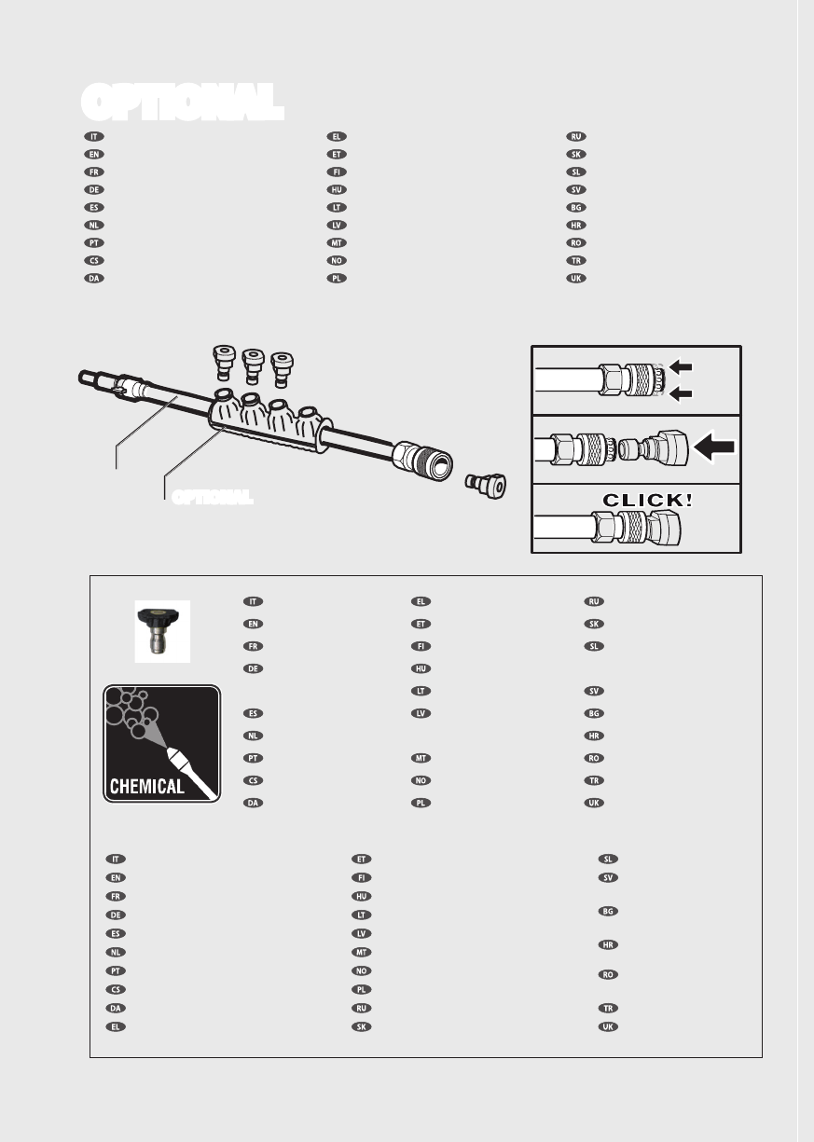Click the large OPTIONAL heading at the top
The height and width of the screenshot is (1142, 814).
[x=182, y=102]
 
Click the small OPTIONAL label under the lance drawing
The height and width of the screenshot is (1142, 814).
[x=212, y=497]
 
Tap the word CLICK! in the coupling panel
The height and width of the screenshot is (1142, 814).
[x=647, y=499]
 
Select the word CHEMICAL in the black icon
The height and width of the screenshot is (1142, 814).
[x=147, y=786]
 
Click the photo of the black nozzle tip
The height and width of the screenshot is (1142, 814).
[x=162, y=631]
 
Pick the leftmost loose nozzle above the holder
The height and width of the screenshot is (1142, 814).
[x=224, y=360]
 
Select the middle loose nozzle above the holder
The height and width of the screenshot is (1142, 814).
[x=251, y=364]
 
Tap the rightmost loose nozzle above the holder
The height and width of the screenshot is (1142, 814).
[x=279, y=366]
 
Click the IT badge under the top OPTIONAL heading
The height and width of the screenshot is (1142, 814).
[x=91, y=136]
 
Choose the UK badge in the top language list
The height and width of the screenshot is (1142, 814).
[x=576, y=279]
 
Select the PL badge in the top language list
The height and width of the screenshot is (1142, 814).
[x=337, y=279]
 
